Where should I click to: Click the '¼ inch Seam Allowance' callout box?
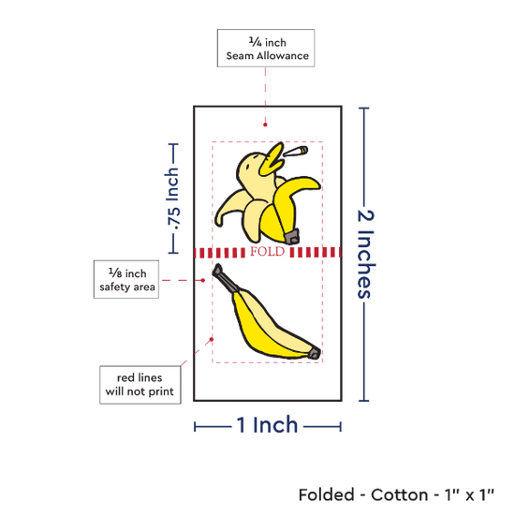tap(266, 48)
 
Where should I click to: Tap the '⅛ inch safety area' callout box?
tap(126, 280)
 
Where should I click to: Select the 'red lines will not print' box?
tap(140, 385)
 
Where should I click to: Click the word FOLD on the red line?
tap(268, 252)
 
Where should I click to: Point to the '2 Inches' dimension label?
tap(366, 254)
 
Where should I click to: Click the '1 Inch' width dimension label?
tap(267, 425)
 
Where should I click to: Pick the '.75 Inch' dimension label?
tap(173, 199)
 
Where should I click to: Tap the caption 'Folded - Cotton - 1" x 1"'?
tap(396, 494)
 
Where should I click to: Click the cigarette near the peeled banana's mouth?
tap(296, 152)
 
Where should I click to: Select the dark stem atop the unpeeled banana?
tap(224, 277)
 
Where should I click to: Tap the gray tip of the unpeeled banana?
tap(315, 353)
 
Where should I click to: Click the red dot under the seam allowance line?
tap(265, 125)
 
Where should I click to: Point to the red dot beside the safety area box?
tap(203, 280)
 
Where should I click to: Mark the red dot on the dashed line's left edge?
tap(212, 339)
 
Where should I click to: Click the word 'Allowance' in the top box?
tap(283, 56)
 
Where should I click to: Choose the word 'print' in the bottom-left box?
tap(161, 391)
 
